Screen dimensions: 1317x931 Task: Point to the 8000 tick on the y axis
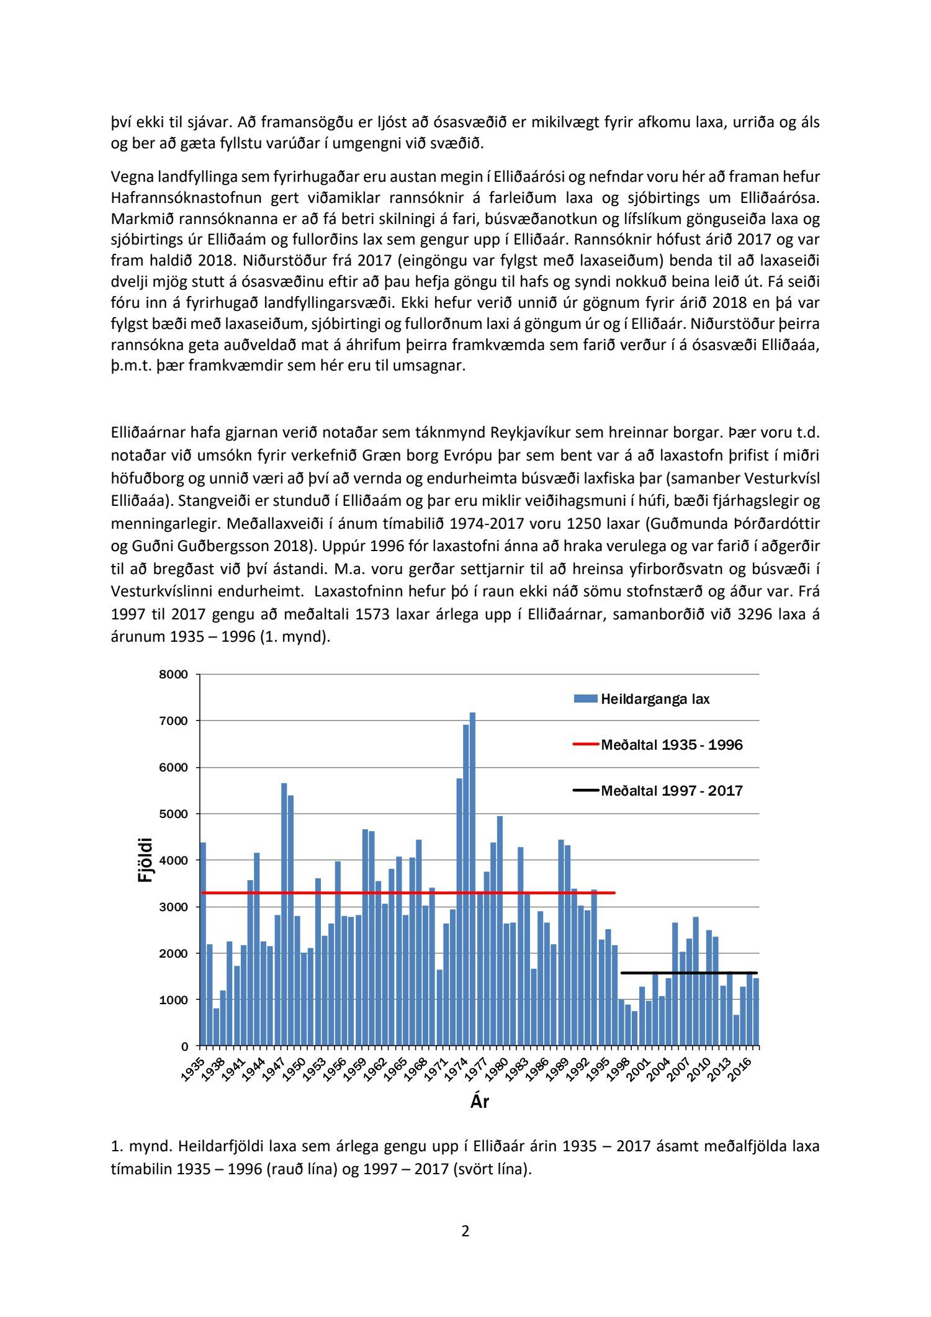[x=176, y=675]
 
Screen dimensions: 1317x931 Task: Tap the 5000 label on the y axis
[x=176, y=814]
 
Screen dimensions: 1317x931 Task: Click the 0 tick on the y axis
[x=184, y=1046]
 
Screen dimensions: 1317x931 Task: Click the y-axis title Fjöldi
[x=145, y=860]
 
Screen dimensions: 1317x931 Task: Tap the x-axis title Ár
[x=479, y=1102]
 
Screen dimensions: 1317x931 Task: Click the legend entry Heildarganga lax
[x=655, y=699]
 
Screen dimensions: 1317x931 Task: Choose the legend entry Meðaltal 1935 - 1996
[x=672, y=745]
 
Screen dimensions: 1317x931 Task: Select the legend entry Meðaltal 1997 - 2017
[x=672, y=791]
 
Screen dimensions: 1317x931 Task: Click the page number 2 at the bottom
[x=465, y=1231]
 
